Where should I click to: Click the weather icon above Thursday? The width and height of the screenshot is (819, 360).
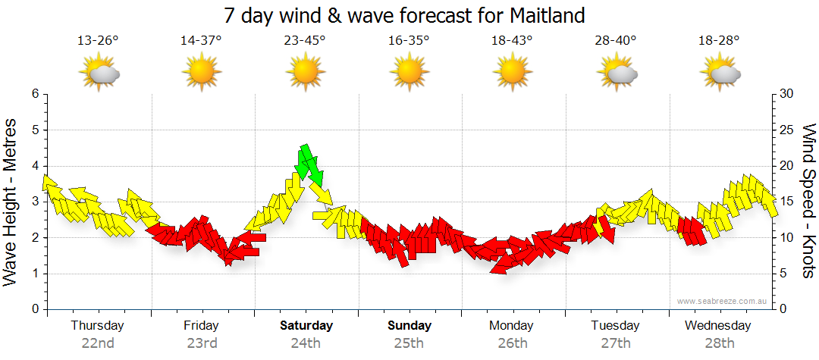99,74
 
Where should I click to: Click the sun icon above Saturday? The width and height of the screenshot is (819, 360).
305,74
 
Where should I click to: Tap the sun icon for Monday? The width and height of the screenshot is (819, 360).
513,74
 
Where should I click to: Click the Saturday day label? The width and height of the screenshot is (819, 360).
306,326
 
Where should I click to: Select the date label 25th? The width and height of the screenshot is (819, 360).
409,343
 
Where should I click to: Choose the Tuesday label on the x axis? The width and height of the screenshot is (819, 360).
616,326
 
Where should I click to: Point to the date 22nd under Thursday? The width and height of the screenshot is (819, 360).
98,343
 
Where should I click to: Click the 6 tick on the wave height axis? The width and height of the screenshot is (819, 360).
35,94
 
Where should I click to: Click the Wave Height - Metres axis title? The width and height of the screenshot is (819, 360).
11,201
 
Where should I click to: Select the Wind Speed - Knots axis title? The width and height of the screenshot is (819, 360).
808,201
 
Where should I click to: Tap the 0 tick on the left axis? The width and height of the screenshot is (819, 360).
35,310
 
